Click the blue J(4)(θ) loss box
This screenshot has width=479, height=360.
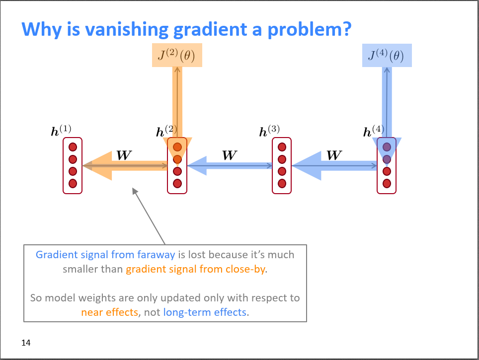[387, 55]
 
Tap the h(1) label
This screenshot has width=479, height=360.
[61, 131]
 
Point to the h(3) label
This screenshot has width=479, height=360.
[270, 132]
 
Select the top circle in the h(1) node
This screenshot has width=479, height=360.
[73, 147]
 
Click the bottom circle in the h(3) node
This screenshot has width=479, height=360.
[282, 184]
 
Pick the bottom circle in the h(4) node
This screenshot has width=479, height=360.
[387, 184]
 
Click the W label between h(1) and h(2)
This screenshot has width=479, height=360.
[124, 155]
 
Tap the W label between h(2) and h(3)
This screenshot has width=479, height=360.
[229, 155]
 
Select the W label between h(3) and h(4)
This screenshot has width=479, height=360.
[334, 155]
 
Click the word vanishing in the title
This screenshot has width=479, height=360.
[126, 29]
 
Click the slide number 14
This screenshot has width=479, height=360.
[26, 343]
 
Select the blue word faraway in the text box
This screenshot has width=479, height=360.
[155, 255]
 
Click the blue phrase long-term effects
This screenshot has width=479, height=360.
[205, 312]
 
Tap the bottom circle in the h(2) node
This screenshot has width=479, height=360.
[177, 184]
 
